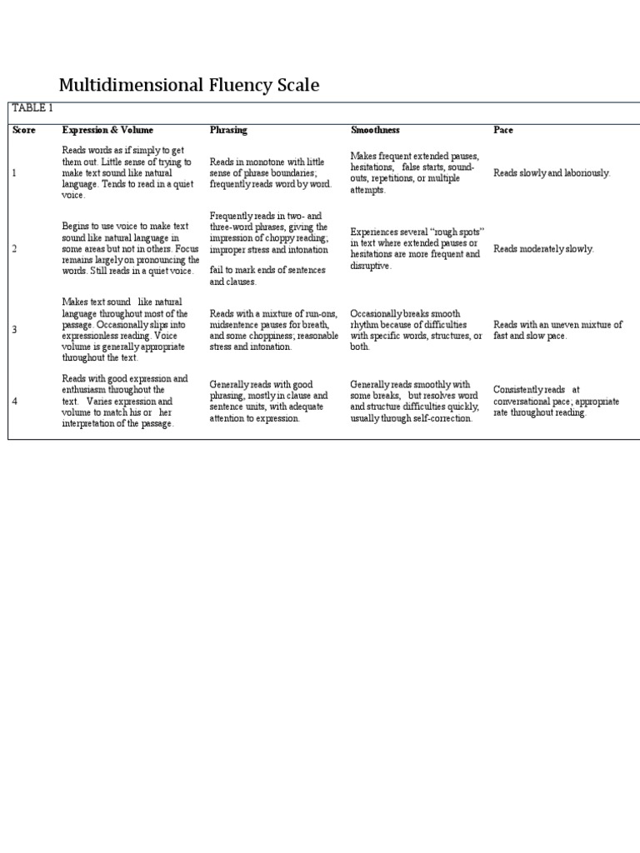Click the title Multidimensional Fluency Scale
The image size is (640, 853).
click(x=188, y=85)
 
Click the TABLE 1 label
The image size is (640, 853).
click(x=32, y=108)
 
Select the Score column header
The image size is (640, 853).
click(x=23, y=130)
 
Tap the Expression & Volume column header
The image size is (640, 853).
click(x=107, y=130)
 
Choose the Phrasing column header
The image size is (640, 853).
click(x=228, y=130)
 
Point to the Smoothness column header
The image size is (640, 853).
click(x=375, y=130)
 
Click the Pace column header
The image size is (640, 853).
click(x=503, y=130)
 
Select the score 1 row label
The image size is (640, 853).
click(x=14, y=172)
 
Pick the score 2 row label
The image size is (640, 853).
click(x=14, y=248)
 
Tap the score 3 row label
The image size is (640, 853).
click(x=14, y=330)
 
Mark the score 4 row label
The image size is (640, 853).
click(x=14, y=402)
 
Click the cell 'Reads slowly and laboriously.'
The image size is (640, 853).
click(x=552, y=173)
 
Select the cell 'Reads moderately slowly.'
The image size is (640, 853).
click(x=543, y=249)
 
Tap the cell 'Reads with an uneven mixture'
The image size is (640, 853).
click(x=557, y=330)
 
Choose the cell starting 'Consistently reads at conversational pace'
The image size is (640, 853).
click(x=556, y=401)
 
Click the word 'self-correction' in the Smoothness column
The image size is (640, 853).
click(x=442, y=418)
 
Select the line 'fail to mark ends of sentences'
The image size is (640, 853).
click(x=267, y=271)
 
